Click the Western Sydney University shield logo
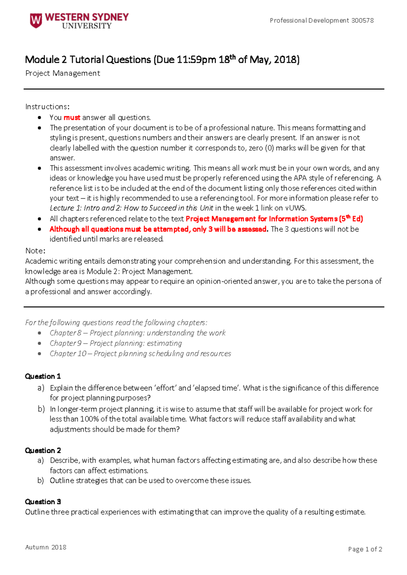(x=36, y=20)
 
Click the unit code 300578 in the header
(x=362, y=20)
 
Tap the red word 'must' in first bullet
(x=72, y=118)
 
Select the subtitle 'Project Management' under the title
(x=62, y=73)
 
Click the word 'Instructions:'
(x=47, y=107)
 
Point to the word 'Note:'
(x=35, y=251)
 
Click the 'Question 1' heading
(x=43, y=376)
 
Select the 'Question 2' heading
(x=43, y=450)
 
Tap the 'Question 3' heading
(x=43, y=502)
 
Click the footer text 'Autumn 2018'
(x=46, y=547)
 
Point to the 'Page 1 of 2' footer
(x=365, y=549)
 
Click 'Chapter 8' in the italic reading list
(x=65, y=333)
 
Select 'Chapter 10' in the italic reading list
(x=67, y=354)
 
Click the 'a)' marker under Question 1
(x=41, y=388)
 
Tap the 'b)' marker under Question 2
(x=41, y=481)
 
